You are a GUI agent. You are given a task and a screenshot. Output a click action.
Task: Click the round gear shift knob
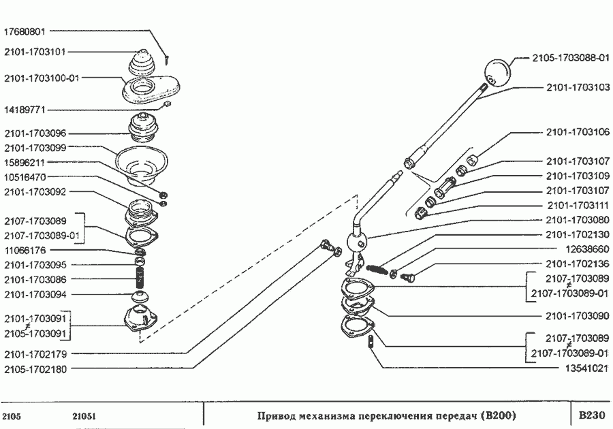click(x=498, y=72)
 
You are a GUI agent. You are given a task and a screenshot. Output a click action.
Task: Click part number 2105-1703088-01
click(x=570, y=58)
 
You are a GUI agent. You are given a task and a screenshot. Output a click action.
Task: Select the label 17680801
click(x=25, y=31)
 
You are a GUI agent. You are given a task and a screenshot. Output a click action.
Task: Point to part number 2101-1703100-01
click(x=42, y=78)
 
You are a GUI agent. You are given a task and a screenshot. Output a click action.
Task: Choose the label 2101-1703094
click(x=35, y=294)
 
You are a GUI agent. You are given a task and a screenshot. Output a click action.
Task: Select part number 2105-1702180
click(x=35, y=369)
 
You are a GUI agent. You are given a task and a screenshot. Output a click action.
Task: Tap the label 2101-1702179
click(x=35, y=354)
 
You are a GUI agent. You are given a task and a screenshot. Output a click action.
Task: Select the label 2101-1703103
click(x=578, y=88)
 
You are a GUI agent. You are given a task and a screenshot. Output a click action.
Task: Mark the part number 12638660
click(x=588, y=249)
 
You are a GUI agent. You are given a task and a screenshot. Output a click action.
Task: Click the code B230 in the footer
click(x=591, y=415)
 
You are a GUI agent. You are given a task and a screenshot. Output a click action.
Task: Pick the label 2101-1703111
click(x=578, y=206)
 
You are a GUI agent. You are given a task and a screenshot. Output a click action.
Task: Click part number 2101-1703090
click(x=578, y=316)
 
